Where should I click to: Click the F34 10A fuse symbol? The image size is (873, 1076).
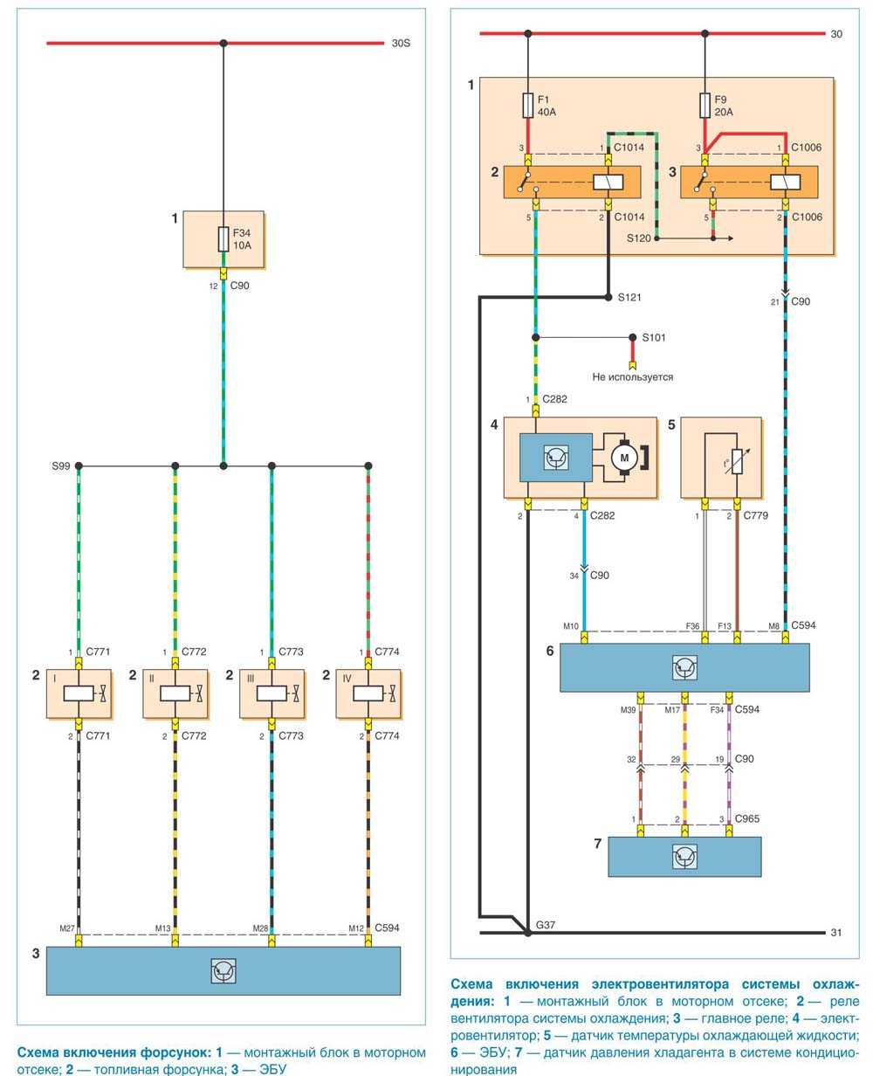tap(223, 239)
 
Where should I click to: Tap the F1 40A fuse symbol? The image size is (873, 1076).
tap(527, 106)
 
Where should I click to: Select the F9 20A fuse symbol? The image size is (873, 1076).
tap(705, 106)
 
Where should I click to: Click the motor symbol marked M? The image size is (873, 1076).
tap(623, 457)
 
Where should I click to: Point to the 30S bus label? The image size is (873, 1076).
tap(401, 43)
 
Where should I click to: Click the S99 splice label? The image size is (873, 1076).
tap(60, 466)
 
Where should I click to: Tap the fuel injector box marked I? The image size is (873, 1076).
tap(79, 693)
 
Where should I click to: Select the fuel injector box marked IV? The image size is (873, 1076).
tap(368, 693)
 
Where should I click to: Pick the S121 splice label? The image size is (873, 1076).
tap(629, 298)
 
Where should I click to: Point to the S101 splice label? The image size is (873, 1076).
tap(654, 337)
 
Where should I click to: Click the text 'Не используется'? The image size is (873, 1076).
tap(633, 377)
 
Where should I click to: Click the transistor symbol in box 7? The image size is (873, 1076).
tap(684, 857)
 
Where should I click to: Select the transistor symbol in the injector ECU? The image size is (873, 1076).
tap(223, 971)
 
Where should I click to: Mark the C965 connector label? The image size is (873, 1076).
tap(747, 818)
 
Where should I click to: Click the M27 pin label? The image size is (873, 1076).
tap(67, 928)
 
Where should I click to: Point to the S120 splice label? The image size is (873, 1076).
tap(639, 238)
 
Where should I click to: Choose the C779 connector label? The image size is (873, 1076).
tap(756, 516)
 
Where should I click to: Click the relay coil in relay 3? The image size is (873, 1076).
tap(785, 183)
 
